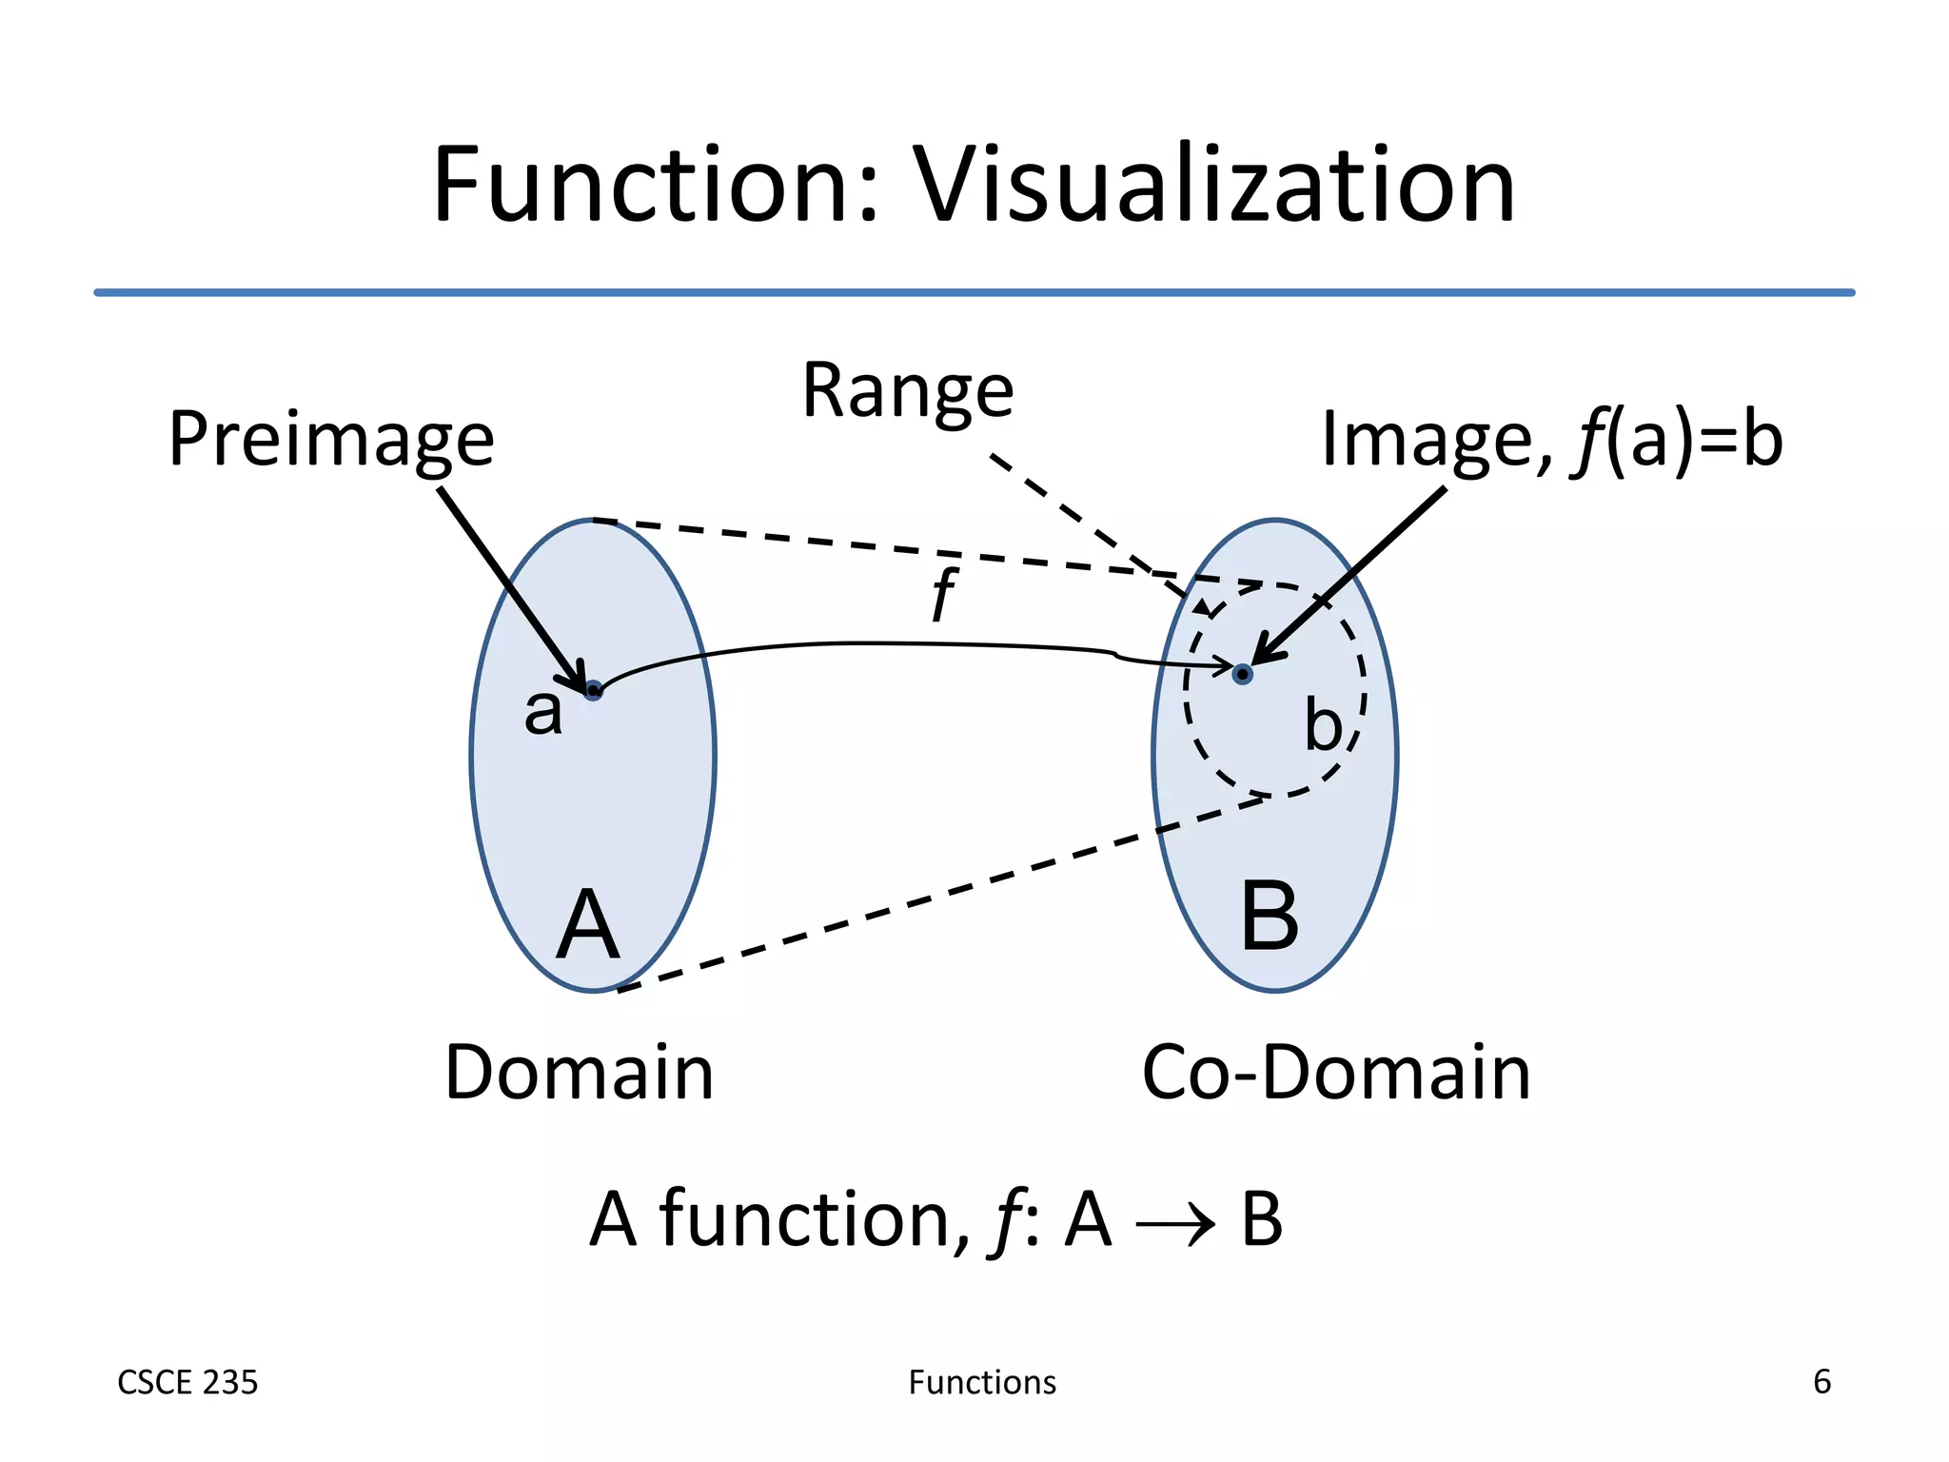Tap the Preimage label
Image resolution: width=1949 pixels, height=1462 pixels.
[331, 441]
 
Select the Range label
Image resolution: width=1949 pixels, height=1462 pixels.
[908, 392]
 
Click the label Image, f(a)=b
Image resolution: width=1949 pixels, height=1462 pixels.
[1551, 441]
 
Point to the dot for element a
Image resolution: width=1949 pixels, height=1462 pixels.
[593, 690]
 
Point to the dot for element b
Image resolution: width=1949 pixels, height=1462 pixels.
[1242, 674]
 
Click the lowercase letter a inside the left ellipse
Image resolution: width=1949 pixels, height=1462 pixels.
[543, 712]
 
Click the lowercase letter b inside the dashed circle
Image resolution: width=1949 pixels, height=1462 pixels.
[1323, 725]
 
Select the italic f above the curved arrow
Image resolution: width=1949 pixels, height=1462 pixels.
[942, 595]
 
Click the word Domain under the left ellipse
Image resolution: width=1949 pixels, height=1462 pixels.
[579, 1073]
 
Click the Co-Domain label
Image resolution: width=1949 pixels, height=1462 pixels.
[1336, 1073]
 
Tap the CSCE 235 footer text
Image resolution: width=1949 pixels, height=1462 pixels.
[187, 1382]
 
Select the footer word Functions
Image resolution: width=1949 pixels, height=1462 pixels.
[982, 1382]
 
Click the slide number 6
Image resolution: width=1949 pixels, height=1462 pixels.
[1821, 1381]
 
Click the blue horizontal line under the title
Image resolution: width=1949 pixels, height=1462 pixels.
[974, 292]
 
